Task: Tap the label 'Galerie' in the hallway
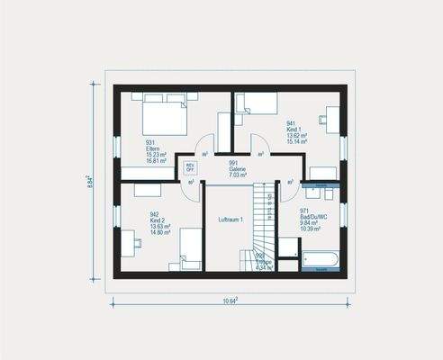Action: coord(238,168)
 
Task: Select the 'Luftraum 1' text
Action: coord(231,220)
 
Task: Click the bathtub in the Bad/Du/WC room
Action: coord(321,259)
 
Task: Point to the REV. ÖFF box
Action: coord(190,167)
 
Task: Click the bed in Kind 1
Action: coord(258,104)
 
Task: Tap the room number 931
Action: coord(149,143)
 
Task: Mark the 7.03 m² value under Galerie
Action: coord(238,175)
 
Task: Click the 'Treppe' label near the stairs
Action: coord(264,262)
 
